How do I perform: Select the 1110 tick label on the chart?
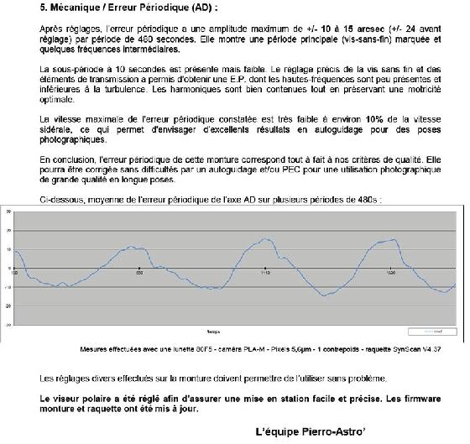[x=265, y=274]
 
